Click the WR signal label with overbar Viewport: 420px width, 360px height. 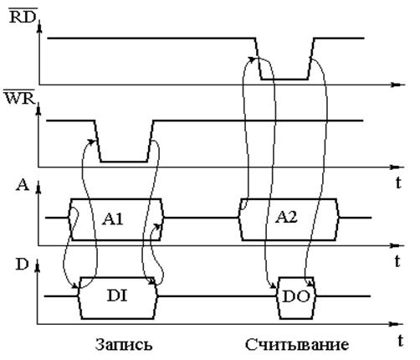click(x=19, y=97)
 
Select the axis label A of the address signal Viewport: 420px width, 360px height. click(x=23, y=185)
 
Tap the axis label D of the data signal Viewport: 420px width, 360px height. click(x=22, y=264)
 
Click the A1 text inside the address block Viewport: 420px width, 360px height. click(x=113, y=219)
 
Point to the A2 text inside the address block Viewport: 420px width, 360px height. click(x=286, y=217)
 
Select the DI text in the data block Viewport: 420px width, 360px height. click(x=117, y=296)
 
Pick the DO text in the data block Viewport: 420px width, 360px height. click(x=296, y=296)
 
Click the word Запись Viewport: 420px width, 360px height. click(x=124, y=344)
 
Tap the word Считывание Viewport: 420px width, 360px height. click(x=297, y=344)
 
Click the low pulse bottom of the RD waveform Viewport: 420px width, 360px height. click(x=284, y=80)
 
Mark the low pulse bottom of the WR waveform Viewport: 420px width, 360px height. click(x=124, y=162)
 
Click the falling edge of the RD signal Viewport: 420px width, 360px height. click(x=259, y=59)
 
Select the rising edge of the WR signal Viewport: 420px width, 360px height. click(x=151, y=141)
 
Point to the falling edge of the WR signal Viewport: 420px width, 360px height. click(x=98, y=141)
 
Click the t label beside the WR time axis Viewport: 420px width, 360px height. click(x=398, y=183)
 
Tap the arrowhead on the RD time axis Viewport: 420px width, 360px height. click(x=397, y=85)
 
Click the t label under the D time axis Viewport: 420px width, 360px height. click(x=400, y=341)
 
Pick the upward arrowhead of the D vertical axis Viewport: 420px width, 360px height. click(x=37, y=268)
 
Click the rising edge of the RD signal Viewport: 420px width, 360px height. click(x=311, y=59)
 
